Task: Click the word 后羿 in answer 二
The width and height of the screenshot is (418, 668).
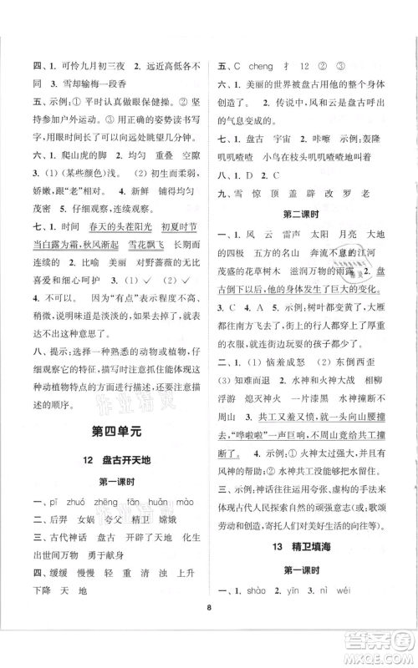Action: click(63, 540)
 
